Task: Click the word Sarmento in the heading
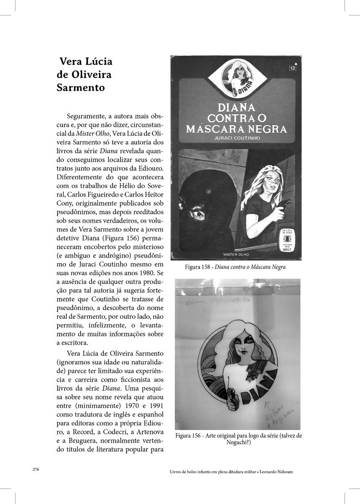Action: [81, 88]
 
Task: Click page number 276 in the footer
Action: [36, 470]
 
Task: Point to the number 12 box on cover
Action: [292, 68]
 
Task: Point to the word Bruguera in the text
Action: [84, 441]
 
